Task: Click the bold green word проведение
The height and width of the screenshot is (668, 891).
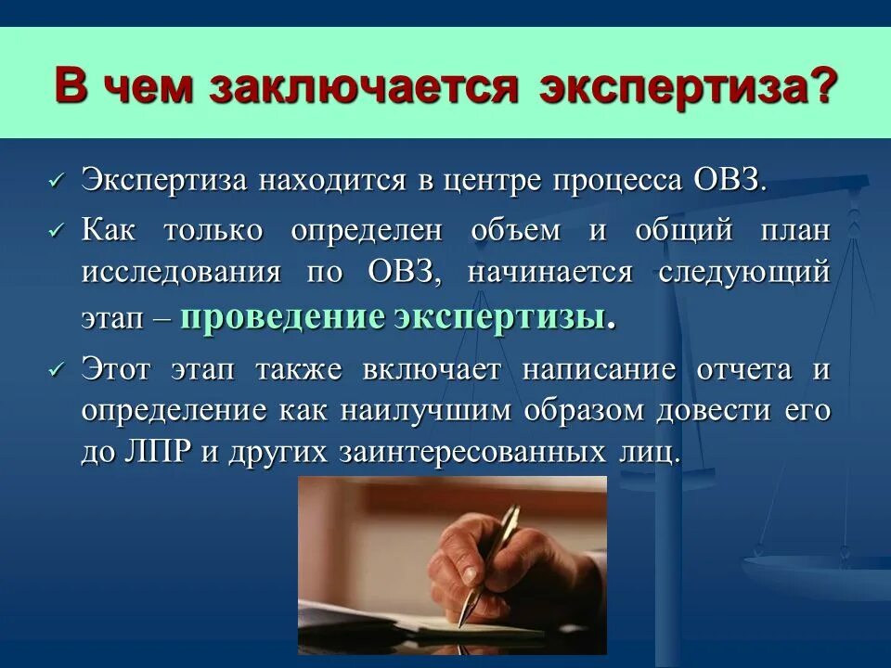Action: (282, 316)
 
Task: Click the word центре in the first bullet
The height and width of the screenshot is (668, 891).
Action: (497, 179)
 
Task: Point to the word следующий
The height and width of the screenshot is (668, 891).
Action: (742, 273)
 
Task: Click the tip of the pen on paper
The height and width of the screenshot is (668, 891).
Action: (462, 623)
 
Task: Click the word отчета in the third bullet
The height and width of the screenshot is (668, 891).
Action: (747, 369)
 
